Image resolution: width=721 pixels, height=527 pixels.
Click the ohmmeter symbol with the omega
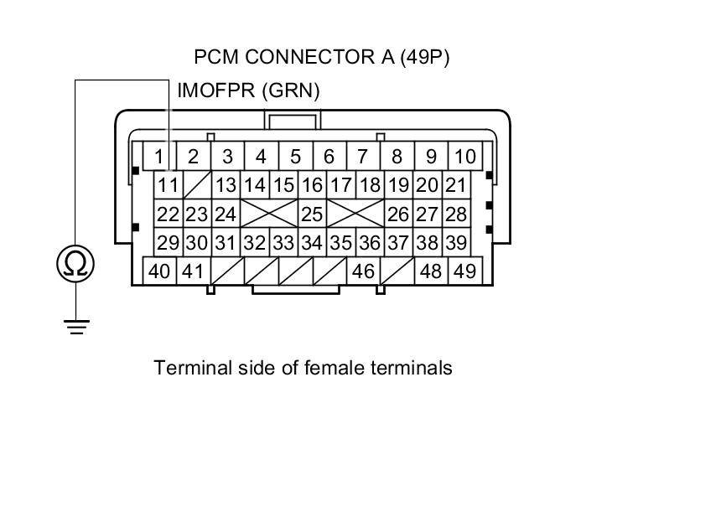[75, 264]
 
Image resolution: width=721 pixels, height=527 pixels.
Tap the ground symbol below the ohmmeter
[75, 326]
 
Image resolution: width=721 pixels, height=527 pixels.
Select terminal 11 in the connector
[169, 185]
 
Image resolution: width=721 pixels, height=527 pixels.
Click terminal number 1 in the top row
[159, 156]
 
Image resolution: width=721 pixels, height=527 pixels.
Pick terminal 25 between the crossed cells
[312, 214]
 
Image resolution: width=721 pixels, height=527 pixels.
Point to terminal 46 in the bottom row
[363, 271]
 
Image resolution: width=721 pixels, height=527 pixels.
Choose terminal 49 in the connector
[464, 271]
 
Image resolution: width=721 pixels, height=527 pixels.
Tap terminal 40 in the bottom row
[159, 271]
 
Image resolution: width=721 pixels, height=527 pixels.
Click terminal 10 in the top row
[464, 156]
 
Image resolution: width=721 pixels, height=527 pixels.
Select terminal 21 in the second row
[455, 185]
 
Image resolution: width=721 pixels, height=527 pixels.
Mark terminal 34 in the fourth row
[312, 243]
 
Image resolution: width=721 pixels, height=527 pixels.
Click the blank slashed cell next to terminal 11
[197, 185]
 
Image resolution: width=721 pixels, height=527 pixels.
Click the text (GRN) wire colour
[292, 90]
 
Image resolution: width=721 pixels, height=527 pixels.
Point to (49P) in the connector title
[426, 57]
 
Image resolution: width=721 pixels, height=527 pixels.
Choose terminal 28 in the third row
[455, 214]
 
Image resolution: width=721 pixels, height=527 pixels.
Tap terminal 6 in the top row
[329, 156]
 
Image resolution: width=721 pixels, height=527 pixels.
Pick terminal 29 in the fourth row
[169, 243]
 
